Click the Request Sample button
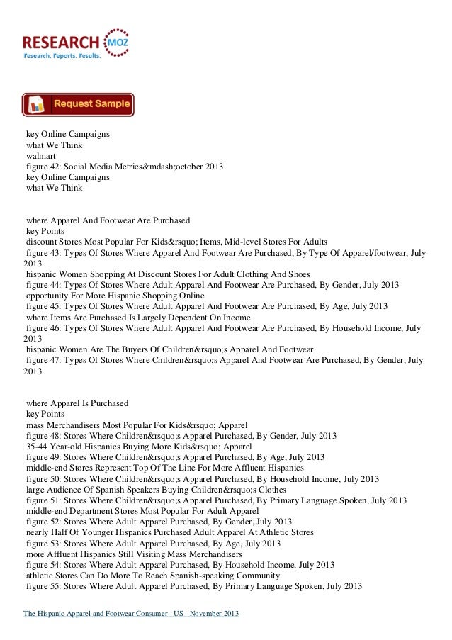coord(78,105)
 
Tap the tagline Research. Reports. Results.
coord(62,55)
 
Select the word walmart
coord(40,156)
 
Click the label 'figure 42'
coord(43,167)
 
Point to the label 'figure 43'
coord(43,252)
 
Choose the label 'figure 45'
coord(43,306)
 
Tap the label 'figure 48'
coord(43,434)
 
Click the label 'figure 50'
coord(43,478)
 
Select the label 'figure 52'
coord(43,522)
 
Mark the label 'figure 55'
coord(43,587)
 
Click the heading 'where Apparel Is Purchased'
coord(77,402)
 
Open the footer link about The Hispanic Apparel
coord(132,614)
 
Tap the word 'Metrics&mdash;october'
coord(159,167)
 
